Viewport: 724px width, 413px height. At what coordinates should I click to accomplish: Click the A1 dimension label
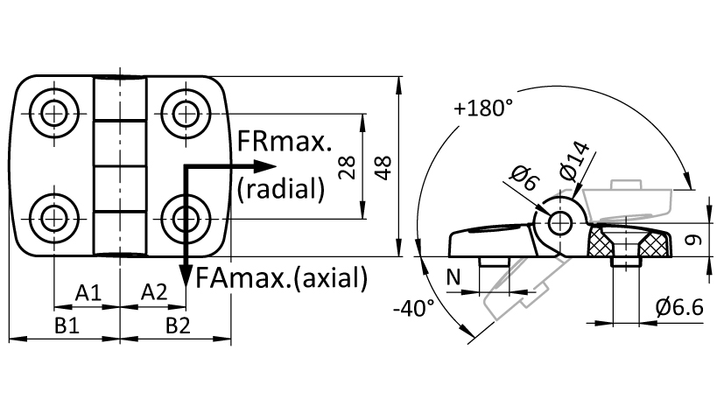click(x=88, y=292)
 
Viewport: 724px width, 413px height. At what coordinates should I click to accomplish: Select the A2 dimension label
click(x=154, y=292)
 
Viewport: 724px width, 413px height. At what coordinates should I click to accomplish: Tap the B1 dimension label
click(x=67, y=326)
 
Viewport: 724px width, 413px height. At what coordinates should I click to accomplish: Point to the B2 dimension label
click(x=178, y=326)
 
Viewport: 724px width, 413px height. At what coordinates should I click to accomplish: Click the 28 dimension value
click(x=348, y=167)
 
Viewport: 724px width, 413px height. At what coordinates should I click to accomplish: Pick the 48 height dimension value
click(x=383, y=167)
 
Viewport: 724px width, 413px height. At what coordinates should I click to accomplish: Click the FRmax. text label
click(x=285, y=141)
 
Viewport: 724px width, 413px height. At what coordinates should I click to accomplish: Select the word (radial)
click(x=281, y=189)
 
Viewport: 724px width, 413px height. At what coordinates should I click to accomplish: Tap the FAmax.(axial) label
click(x=282, y=277)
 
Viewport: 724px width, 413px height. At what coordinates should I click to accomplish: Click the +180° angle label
click(x=483, y=108)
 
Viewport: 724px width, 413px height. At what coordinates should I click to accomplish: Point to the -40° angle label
click(x=414, y=308)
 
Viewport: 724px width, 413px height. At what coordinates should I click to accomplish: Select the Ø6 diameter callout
click(x=524, y=178)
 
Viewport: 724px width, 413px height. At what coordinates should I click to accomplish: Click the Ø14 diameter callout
click(x=574, y=161)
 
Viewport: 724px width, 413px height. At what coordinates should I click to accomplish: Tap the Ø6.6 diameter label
click(x=679, y=307)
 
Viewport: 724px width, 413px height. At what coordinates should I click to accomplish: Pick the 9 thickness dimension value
click(x=693, y=240)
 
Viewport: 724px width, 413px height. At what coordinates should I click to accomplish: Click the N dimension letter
click(x=453, y=277)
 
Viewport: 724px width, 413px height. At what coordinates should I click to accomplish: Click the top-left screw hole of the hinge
click(x=54, y=113)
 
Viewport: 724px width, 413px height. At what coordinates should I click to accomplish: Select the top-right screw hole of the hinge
click(x=186, y=113)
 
